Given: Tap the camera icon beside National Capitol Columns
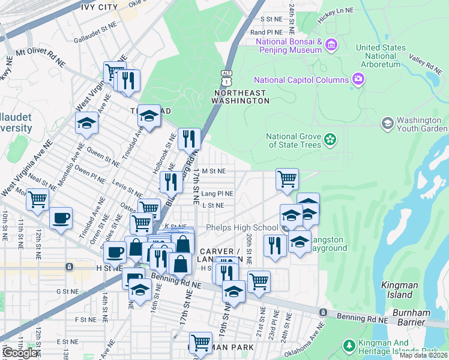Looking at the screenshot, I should click(x=358, y=79).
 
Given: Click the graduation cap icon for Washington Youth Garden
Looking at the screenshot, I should click(x=388, y=123).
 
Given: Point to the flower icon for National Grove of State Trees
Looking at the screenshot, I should click(x=330, y=140).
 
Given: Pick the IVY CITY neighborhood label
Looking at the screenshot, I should click(x=98, y=7).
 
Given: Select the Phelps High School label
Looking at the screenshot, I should click(x=242, y=228).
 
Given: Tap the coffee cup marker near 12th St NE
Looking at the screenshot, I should click(x=60, y=218).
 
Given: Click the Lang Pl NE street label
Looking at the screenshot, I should click(x=217, y=194).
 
